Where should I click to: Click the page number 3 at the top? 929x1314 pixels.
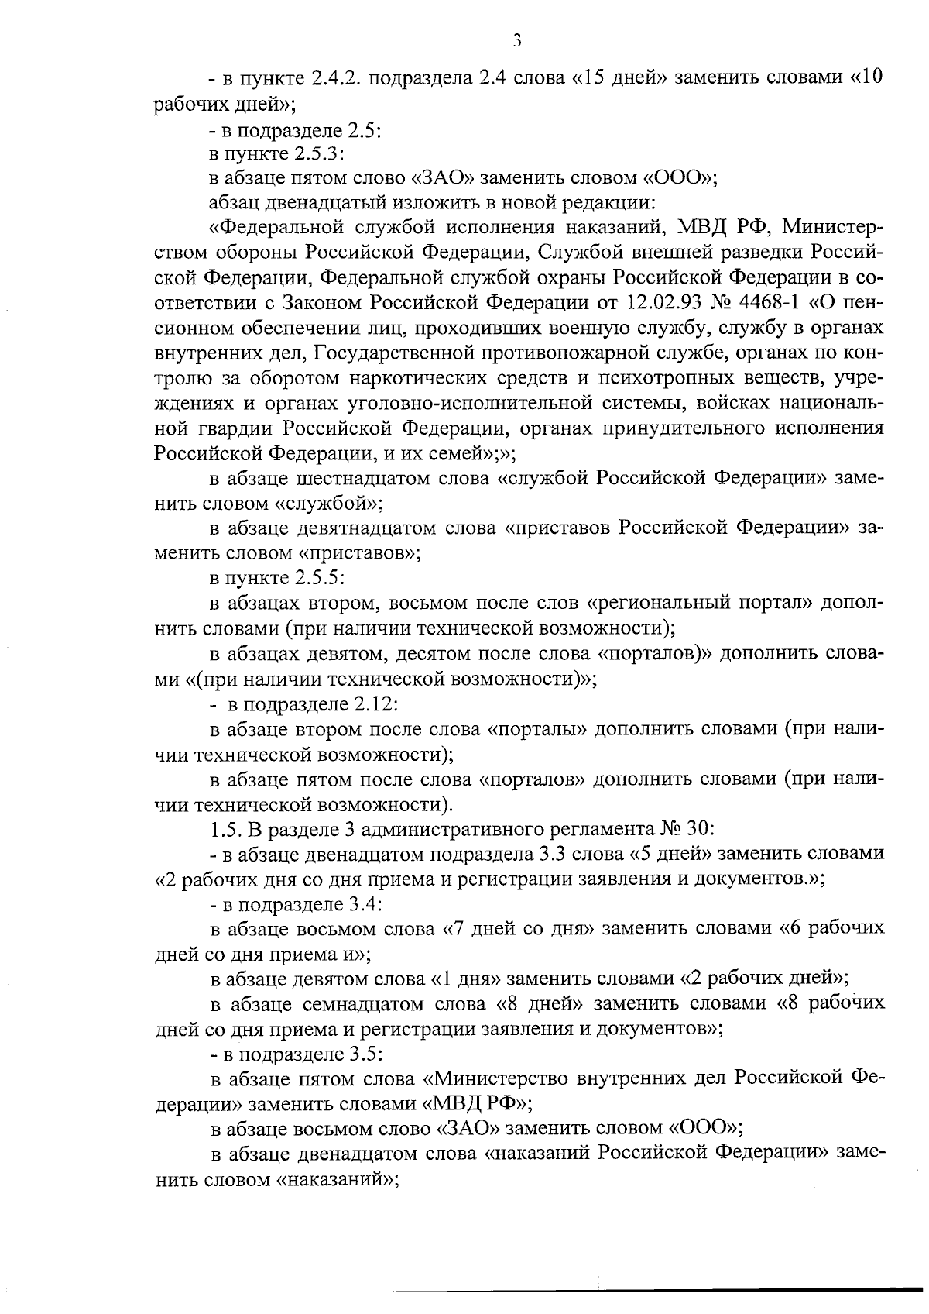[x=516, y=40]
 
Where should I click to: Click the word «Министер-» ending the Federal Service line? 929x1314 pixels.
[x=831, y=228]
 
